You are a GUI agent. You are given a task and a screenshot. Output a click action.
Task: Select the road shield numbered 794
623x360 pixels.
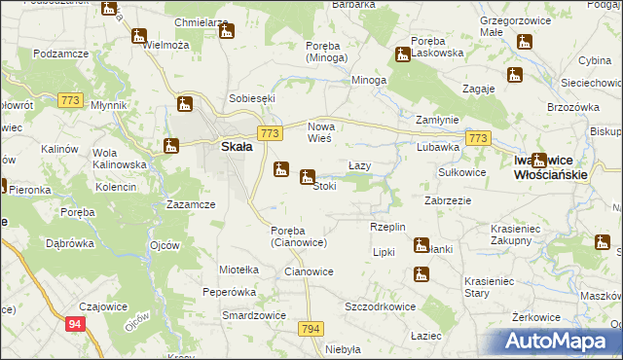311,329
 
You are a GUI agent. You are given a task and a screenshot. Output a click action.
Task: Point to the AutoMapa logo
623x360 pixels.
557,342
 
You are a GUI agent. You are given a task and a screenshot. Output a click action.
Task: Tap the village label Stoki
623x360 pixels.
325,186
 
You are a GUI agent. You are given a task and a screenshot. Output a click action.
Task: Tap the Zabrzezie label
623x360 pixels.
449,200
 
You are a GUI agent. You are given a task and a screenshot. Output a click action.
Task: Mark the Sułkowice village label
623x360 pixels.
461,171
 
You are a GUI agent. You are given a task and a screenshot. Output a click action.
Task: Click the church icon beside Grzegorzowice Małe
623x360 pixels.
525,43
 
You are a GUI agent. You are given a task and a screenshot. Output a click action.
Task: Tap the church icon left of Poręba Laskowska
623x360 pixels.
401,54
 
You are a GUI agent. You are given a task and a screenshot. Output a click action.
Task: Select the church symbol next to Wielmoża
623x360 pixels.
139,36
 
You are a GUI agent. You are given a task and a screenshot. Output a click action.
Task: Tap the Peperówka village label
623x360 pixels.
228,291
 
